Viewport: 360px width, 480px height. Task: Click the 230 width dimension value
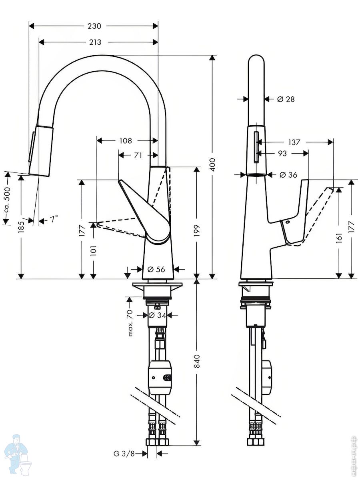pos(94,26)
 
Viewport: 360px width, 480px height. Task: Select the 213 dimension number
pos(95,42)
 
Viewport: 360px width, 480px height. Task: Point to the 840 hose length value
pos(197,361)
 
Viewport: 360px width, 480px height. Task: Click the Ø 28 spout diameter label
pos(286,99)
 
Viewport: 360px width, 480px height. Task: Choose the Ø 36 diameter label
pos(288,175)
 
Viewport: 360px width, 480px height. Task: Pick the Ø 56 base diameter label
pos(156,269)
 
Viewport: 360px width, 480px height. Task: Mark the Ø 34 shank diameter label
pos(157,315)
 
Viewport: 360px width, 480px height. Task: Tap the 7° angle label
pos(54,219)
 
